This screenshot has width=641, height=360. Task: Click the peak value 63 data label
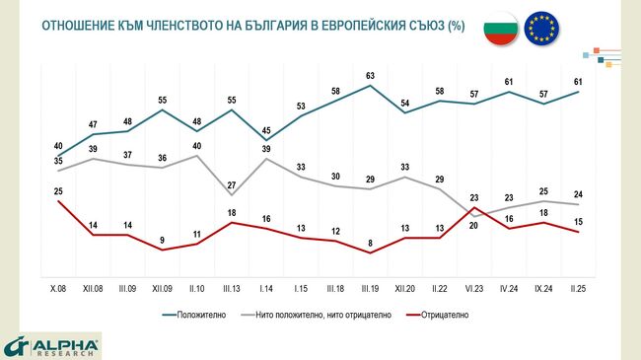pos(371,74)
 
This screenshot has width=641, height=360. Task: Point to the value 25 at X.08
pos(58,189)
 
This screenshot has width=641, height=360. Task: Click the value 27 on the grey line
pos(232,184)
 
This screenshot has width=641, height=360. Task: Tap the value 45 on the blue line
pos(266,130)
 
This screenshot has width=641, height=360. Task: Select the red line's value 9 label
pos(163,238)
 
